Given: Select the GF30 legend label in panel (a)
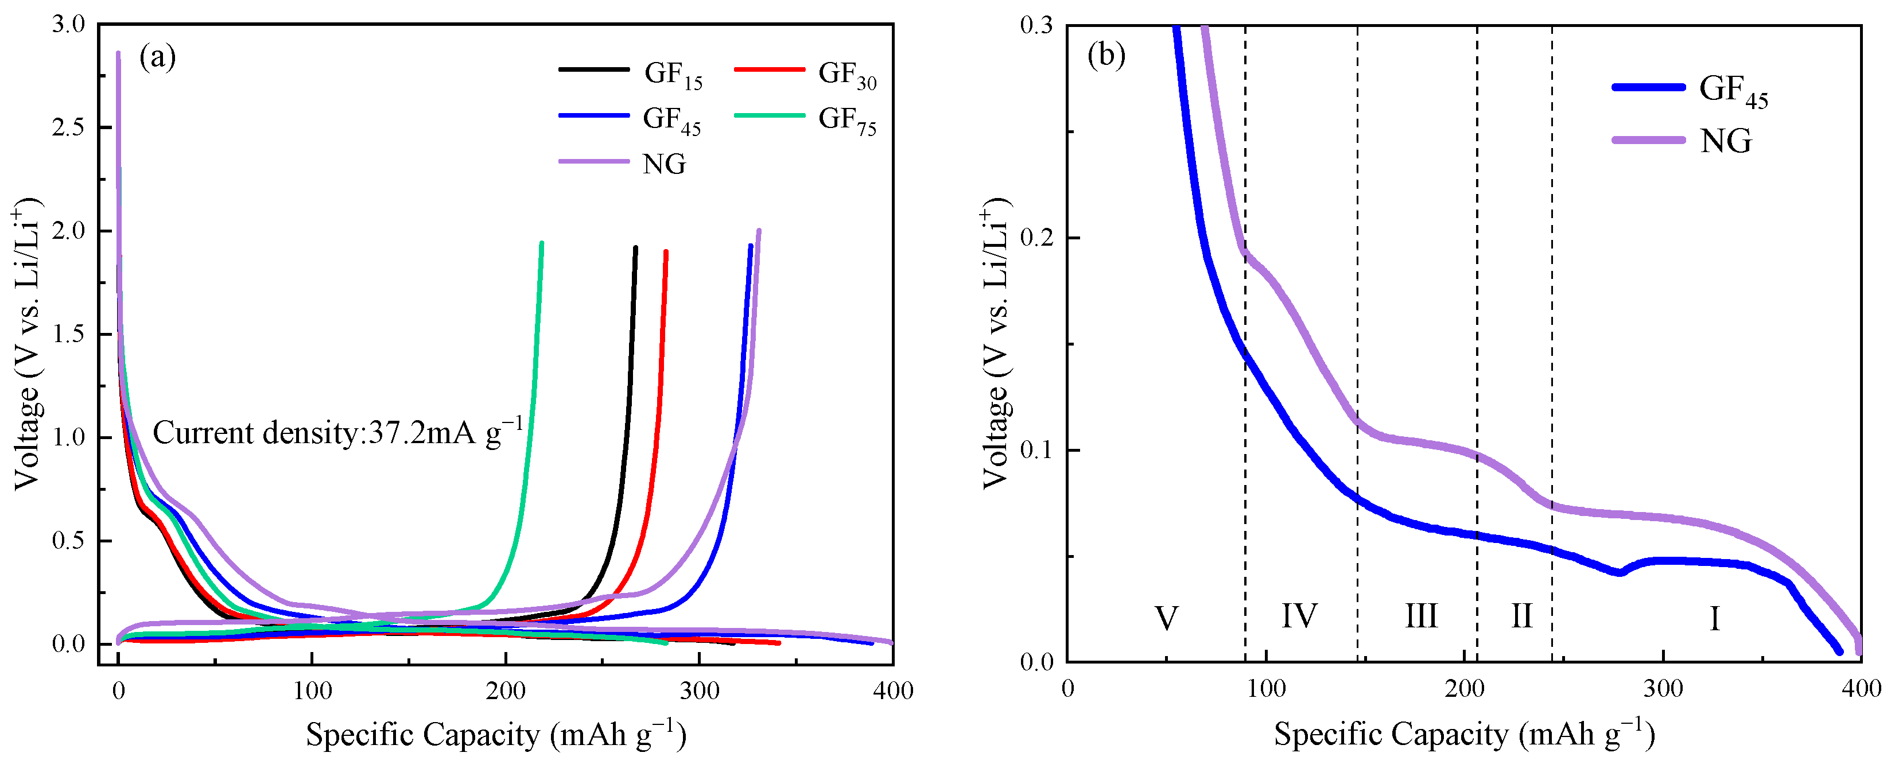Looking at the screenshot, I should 847,74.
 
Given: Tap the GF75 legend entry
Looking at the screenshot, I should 847,120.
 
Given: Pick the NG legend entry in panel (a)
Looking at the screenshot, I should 663,164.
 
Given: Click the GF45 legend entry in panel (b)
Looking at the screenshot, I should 1733,90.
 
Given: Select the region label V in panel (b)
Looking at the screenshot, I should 1167,619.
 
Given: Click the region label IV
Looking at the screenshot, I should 1299,616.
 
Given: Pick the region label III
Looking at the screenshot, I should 1421,616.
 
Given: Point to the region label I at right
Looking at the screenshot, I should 1715,619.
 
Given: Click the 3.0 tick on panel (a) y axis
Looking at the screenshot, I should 68,24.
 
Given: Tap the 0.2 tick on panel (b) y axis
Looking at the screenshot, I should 1036,238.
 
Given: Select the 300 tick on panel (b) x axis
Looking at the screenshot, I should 1663,689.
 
